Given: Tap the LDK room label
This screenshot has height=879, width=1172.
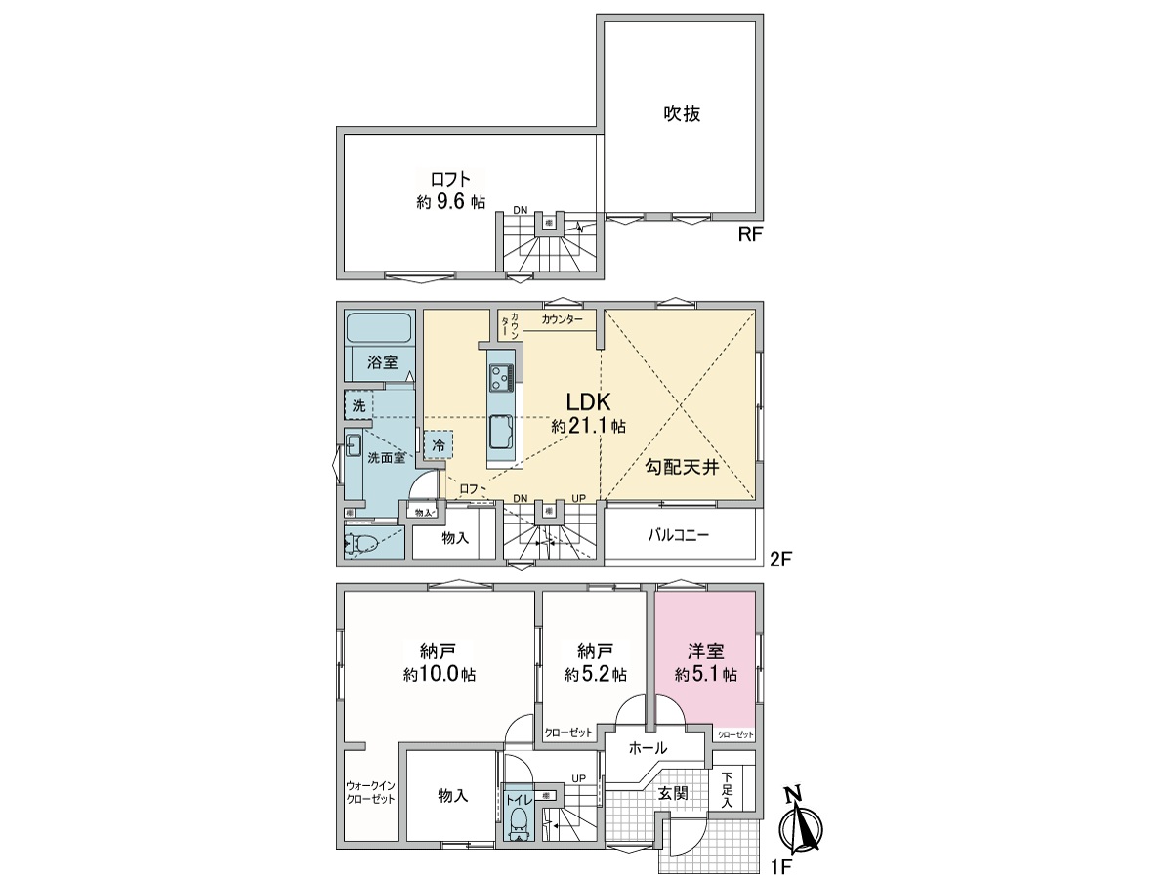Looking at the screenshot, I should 589,402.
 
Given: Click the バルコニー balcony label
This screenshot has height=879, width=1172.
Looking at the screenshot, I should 681,536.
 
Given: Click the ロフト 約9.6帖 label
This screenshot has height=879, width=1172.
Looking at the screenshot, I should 450,189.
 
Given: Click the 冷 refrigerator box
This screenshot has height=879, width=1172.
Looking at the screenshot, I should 439,444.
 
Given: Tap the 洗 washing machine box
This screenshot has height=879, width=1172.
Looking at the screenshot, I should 357,404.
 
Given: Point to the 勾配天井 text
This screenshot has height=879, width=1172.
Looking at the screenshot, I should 682,468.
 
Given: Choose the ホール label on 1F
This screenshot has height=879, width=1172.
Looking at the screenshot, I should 648,748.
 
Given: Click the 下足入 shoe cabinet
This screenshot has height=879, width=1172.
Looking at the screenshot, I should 728,790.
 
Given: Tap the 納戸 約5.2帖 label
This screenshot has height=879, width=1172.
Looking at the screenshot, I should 595,662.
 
